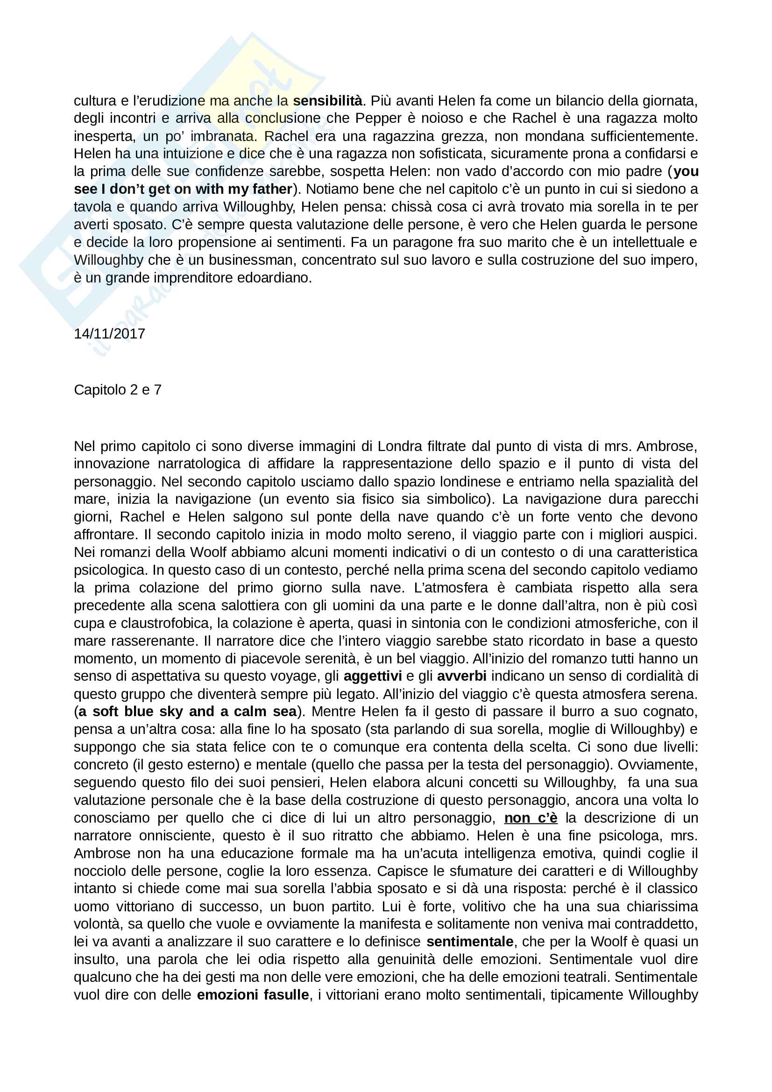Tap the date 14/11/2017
point(109,333)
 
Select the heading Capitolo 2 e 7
point(118,389)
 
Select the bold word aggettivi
point(372,676)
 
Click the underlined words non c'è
point(531,817)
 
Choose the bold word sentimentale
point(469,941)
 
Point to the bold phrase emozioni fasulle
point(253,994)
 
